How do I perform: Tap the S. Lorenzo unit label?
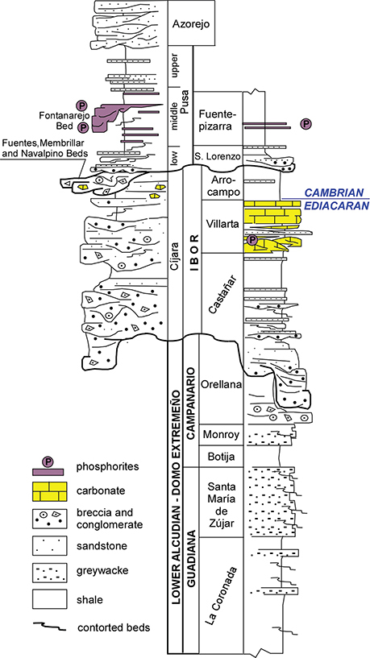218,156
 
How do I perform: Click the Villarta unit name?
222,224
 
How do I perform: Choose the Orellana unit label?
221,384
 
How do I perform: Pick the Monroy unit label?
221,434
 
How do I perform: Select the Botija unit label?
221,456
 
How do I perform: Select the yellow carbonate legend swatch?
49,491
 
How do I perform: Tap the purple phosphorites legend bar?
48,473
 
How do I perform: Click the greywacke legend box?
49,573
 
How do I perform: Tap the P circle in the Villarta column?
252,240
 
